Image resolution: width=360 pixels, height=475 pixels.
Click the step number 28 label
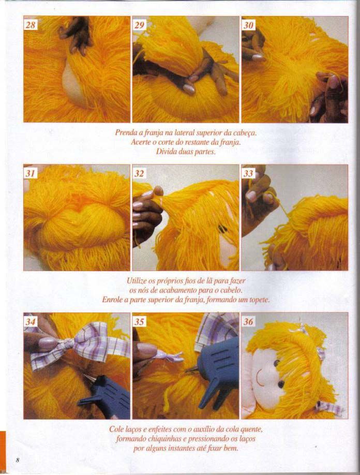(x=31, y=24)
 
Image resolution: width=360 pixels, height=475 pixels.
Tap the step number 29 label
(x=139, y=24)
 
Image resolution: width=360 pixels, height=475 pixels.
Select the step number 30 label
(x=248, y=24)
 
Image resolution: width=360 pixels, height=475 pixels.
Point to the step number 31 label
(x=31, y=173)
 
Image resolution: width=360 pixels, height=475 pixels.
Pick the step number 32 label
(x=139, y=173)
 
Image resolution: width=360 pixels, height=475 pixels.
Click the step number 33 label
(x=248, y=173)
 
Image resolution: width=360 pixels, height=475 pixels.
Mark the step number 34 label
(x=31, y=321)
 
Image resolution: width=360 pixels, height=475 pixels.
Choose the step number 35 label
(x=139, y=321)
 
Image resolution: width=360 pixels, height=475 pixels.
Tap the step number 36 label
(x=248, y=321)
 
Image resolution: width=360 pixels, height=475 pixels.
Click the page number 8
(x=18, y=461)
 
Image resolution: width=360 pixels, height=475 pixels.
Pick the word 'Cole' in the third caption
(x=116, y=429)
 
